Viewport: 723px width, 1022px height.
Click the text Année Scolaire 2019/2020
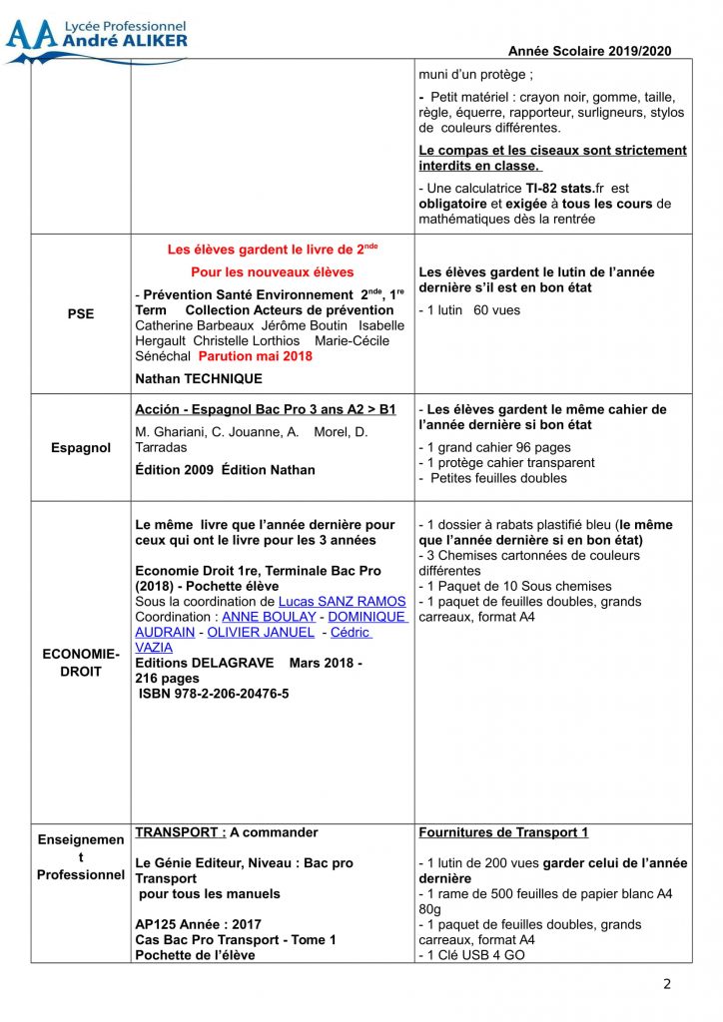pyautogui.click(x=589, y=51)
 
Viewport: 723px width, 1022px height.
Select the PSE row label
pyautogui.click(x=80, y=313)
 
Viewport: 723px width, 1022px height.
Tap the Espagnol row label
pyautogui.click(x=81, y=448)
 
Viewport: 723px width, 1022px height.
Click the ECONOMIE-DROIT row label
pyautogui.click(x=81, y=663)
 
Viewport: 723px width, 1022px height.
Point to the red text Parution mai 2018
pyautogui.click(x=255, y=356)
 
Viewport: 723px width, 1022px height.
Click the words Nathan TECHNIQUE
pyautogui.click(x=199, y=378)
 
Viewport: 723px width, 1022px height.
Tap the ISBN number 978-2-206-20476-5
pyautogui.click(x=214, y=693)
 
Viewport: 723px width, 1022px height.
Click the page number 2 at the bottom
pyautogui.click(x=667, y=984)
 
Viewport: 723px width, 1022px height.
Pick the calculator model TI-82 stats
pyautogui.click(x=564, y=188)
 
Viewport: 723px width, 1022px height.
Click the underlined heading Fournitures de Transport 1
pyautogui.click(x=503, y=832)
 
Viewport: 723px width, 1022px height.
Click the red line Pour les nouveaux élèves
pyautogui.click(x=273, y=271)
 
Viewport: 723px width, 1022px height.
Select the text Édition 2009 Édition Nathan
pyautogui.click(x=225, y=469)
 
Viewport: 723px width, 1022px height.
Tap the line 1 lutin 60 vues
pyautogui.click(x=469, y=310)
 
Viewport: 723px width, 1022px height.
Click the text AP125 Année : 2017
pyautogui.click(x=198, y=924)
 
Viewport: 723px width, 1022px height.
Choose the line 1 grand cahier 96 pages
pyautogui.click(x=494, y=447)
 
